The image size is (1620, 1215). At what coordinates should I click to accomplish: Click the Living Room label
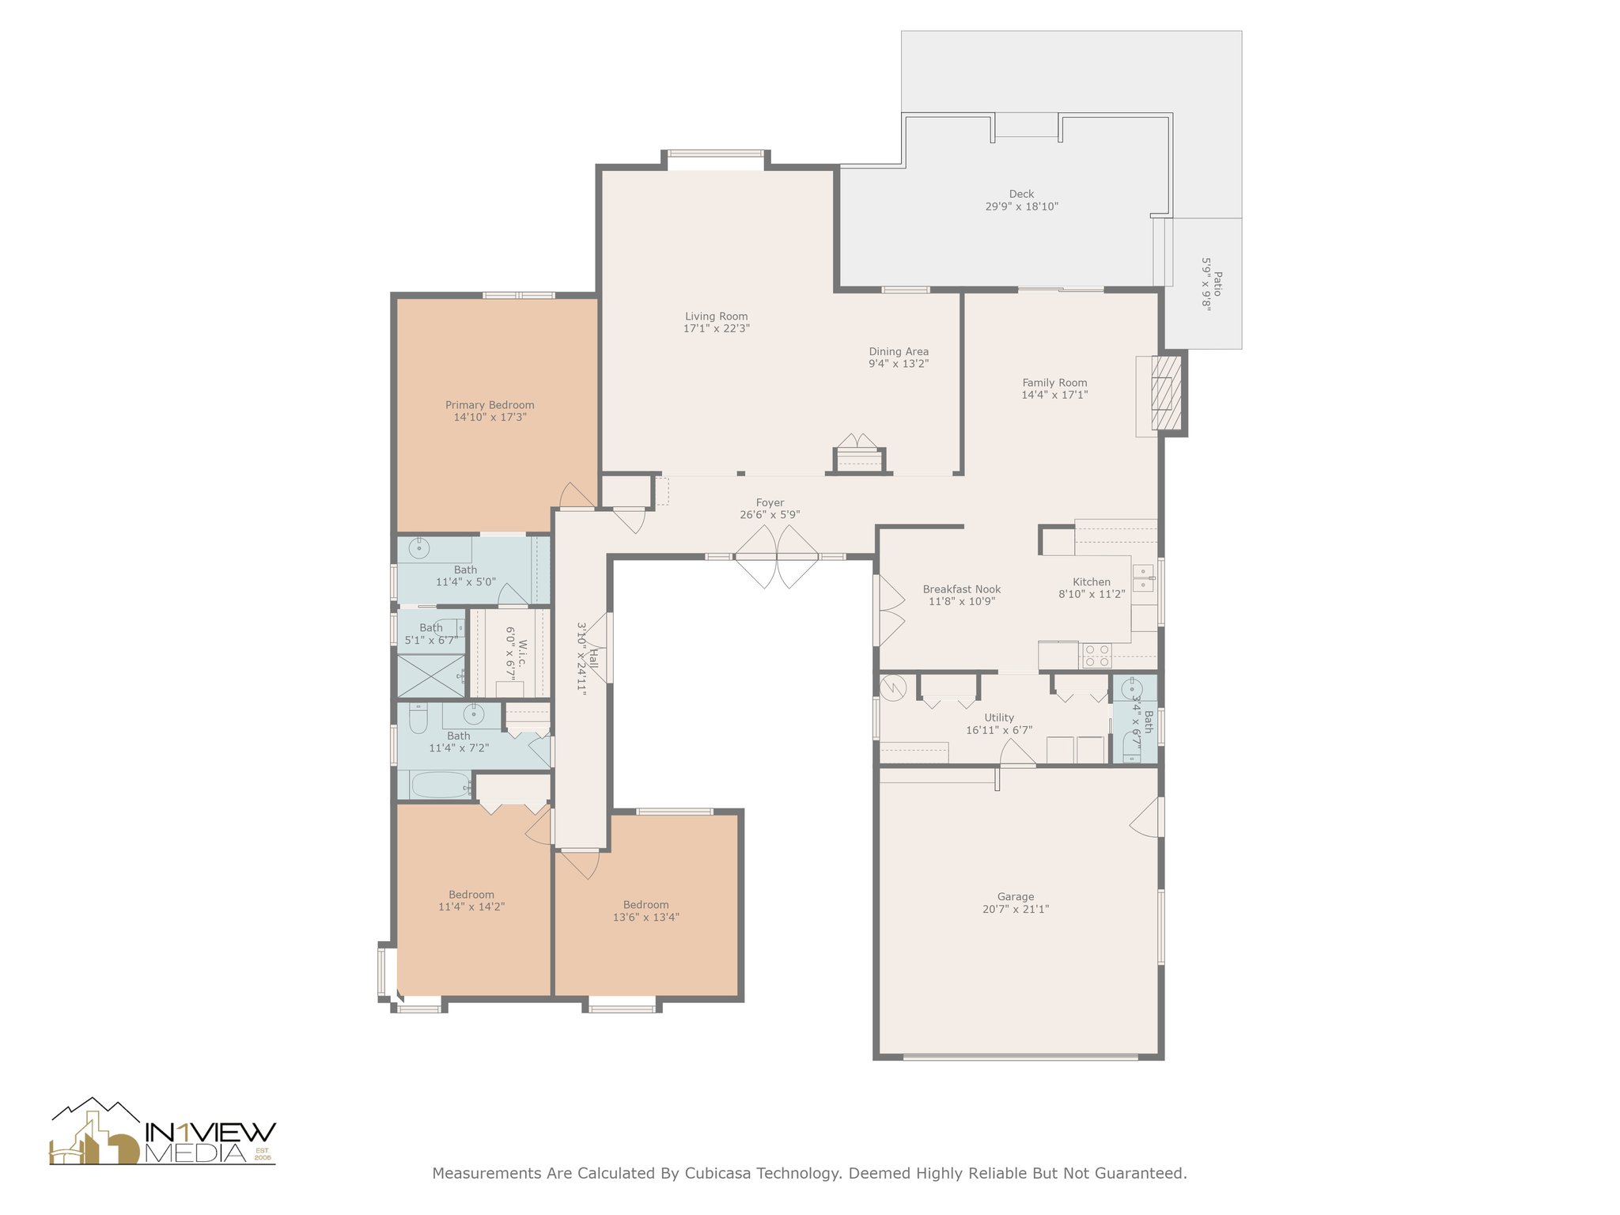[716, 316]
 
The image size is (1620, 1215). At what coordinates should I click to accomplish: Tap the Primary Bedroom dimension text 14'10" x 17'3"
[490, 417]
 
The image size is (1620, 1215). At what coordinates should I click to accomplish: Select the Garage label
[1016, 897]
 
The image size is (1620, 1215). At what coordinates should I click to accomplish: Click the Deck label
[1021, 194]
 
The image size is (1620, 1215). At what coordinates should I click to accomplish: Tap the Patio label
[1217, 284]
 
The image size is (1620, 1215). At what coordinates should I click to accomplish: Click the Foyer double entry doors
[777, 557]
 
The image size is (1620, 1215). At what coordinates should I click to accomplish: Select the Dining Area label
[899, 352]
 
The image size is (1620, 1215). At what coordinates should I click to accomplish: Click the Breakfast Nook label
[962, 589]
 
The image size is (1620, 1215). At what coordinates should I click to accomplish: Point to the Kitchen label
[1092, 582]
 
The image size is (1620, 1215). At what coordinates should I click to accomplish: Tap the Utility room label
[999, 717]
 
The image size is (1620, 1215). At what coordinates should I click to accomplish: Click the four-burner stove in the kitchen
[1096, 656]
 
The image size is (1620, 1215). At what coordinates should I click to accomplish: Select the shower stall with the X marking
[431, 676]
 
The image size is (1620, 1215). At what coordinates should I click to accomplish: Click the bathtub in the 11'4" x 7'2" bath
[441, 785]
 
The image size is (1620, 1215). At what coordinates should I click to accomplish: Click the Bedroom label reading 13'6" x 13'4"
[645, 905]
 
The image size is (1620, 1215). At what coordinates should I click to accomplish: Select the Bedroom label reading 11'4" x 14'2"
[471, 895]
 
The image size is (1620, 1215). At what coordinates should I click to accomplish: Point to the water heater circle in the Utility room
[892, 685]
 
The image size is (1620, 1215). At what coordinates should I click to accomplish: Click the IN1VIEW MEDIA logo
[163, 1131]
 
